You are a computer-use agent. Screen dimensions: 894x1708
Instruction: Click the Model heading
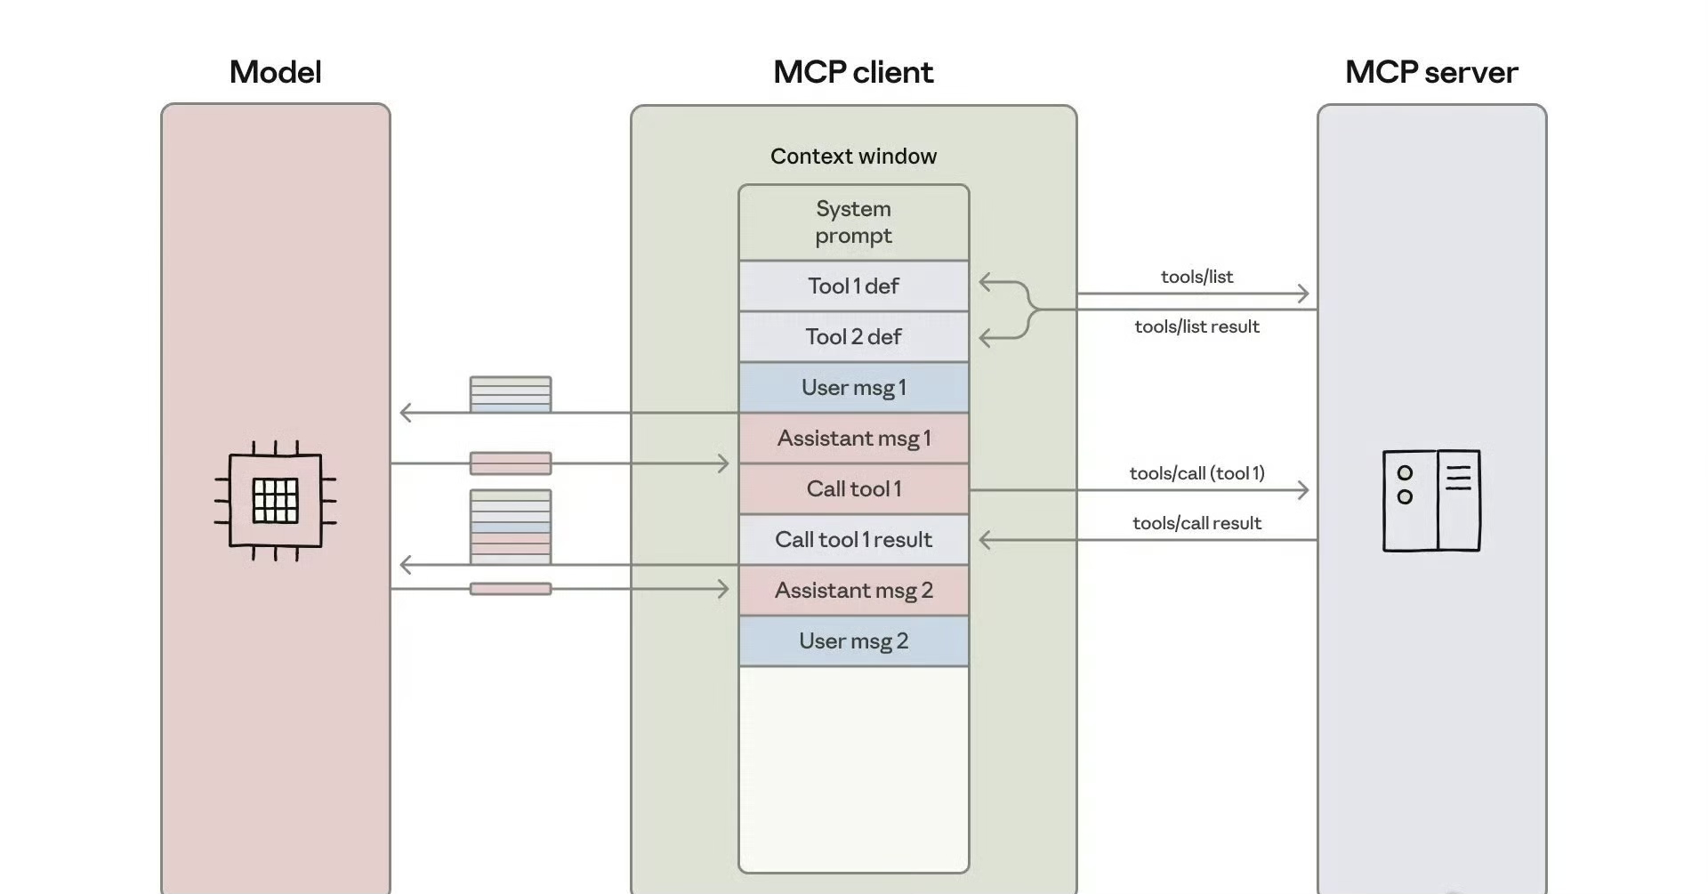[x=275, y=72]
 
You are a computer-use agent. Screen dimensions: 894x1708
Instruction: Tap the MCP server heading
[x=1430, y=72]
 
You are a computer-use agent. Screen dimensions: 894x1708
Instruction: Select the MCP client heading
[x=853, y=72]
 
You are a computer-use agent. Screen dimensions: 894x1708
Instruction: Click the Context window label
[x=853, y=157]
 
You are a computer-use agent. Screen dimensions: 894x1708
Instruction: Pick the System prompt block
[x=853, y=222]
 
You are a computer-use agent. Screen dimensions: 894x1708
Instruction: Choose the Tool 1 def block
[x=853, y=286]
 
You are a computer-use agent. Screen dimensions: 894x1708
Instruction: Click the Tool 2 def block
[x=853, y=337]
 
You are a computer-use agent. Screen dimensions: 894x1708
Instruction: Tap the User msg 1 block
[x=853, y=388]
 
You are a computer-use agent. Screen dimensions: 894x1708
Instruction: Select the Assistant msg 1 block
[x=853, y=439]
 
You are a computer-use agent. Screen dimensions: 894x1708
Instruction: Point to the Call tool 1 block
[x=853, y=489]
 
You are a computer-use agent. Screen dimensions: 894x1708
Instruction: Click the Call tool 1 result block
[x=853, y=540]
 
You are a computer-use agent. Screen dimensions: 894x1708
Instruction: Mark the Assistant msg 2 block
[x=853, y=591]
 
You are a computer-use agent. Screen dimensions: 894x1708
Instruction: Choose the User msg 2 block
[x=853, y=641]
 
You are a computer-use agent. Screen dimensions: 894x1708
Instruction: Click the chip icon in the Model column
[x=275, y=501]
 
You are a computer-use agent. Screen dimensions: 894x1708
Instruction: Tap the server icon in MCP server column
[x=1431, y=501]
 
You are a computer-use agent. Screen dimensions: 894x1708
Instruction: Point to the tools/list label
[x=1196, y=277]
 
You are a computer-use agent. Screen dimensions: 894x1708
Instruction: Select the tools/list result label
[x=1196, y=326]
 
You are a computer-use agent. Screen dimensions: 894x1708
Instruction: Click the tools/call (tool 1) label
[x=1196, y=473]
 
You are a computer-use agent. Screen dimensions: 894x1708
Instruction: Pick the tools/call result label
[x=1196, y=523]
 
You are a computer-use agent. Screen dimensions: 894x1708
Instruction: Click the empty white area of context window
[x=853, y=769]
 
